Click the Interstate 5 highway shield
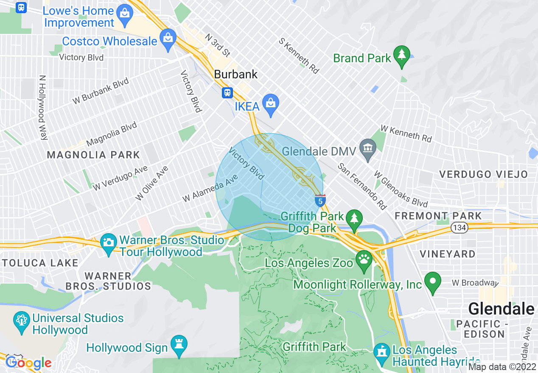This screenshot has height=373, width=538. coord(320,201)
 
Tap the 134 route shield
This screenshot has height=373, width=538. coord(459,227)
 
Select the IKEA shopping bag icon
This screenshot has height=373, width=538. coord(270,103)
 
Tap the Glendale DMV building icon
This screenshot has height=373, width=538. coord(368,148)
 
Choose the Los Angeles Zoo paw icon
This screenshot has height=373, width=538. coord(364,259)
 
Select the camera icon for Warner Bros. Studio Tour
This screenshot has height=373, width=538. coord(109,242)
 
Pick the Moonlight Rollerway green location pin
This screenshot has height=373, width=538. coord(432,281)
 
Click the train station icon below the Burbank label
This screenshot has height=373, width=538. coord(228,92)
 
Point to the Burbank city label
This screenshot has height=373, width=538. coord(235,75)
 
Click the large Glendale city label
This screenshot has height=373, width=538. coord(501,309)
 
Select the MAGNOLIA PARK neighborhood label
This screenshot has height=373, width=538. coord(93,155)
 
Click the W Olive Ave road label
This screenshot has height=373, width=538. coord(151,184)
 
